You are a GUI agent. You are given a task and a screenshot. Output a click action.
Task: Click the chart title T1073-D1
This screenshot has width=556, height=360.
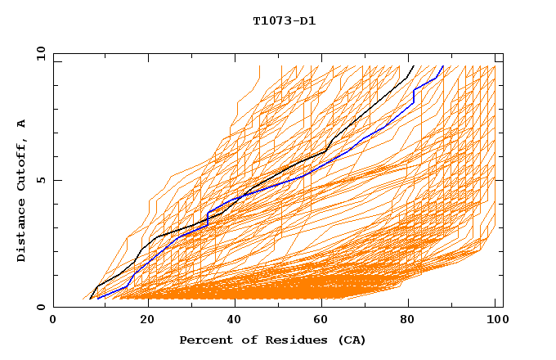(x=284, y=21)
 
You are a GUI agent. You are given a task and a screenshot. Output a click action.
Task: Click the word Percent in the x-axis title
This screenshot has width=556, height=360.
(x=204, y=340)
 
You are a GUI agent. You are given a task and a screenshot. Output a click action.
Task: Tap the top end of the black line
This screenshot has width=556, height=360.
(x=414, y=65)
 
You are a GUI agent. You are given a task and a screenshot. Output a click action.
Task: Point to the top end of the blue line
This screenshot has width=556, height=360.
(x=443, y=65)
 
